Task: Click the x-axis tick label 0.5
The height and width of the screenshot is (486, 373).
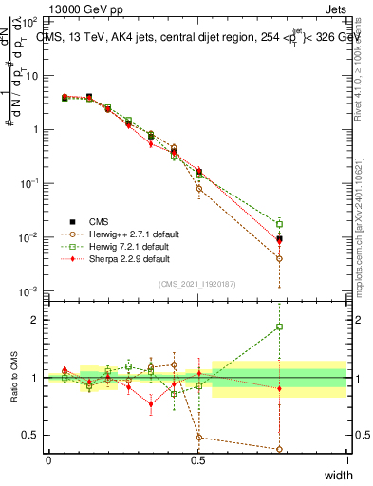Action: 197,460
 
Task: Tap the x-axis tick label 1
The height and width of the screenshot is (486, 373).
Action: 346,460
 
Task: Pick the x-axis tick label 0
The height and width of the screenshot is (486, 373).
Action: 48,460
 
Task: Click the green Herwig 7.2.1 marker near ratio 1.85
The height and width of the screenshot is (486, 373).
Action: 279,327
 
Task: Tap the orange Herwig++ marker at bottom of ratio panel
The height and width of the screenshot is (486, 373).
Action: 279,449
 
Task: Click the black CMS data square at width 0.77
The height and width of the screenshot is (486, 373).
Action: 279,239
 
